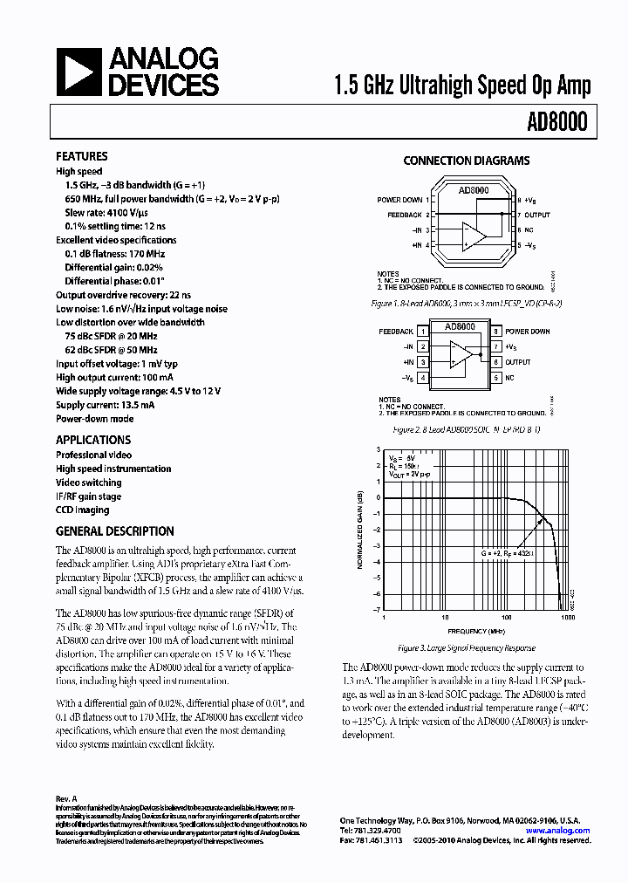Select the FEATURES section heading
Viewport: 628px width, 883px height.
[x=81, y=157]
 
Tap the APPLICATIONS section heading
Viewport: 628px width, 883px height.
[x=93, y=440]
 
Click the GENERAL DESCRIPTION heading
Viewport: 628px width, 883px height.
[x=114, y=530]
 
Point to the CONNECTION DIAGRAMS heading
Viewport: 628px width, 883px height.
[x=466, y=161]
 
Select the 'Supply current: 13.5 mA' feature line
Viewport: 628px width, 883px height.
[x=105, y=405]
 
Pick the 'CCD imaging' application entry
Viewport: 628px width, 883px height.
[x=82, y=510]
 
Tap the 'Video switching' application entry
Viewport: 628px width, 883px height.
[x=88, y=483]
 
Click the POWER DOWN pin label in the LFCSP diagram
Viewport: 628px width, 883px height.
[x=399, y=201]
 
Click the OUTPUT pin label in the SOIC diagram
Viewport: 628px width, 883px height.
[x=517, y=362]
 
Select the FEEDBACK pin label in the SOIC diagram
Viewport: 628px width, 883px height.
[x=396, y=332]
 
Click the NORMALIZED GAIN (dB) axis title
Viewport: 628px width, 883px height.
[x=359, y=530]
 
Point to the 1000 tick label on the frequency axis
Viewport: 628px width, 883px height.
[x=568, y=617]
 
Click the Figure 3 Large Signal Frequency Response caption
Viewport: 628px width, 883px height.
[x=466, y=648]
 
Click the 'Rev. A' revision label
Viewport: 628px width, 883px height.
[x=66, y=798]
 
